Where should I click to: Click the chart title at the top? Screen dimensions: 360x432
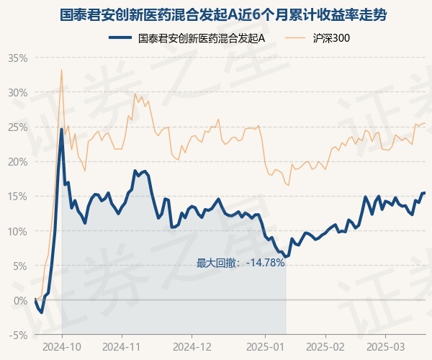tap(216, 14)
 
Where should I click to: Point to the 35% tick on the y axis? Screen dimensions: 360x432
tap(17, 58)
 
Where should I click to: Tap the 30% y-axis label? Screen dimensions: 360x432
tap(17, 92)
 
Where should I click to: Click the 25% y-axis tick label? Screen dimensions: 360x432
tap(17, 127)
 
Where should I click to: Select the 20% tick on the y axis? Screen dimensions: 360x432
tap(17, 161)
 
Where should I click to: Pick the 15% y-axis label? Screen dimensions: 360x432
tap(17, 196)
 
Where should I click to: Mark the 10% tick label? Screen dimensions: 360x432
tap(17, 230)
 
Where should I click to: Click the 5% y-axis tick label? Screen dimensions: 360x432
tap(19, 265)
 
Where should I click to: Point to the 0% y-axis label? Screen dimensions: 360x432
tap(19, 300)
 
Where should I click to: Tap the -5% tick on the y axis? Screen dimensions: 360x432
tap(18, 334)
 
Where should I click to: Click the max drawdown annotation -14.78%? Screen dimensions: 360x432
tap(240, 263)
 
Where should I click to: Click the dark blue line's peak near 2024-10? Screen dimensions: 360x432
tap(62, 130)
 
